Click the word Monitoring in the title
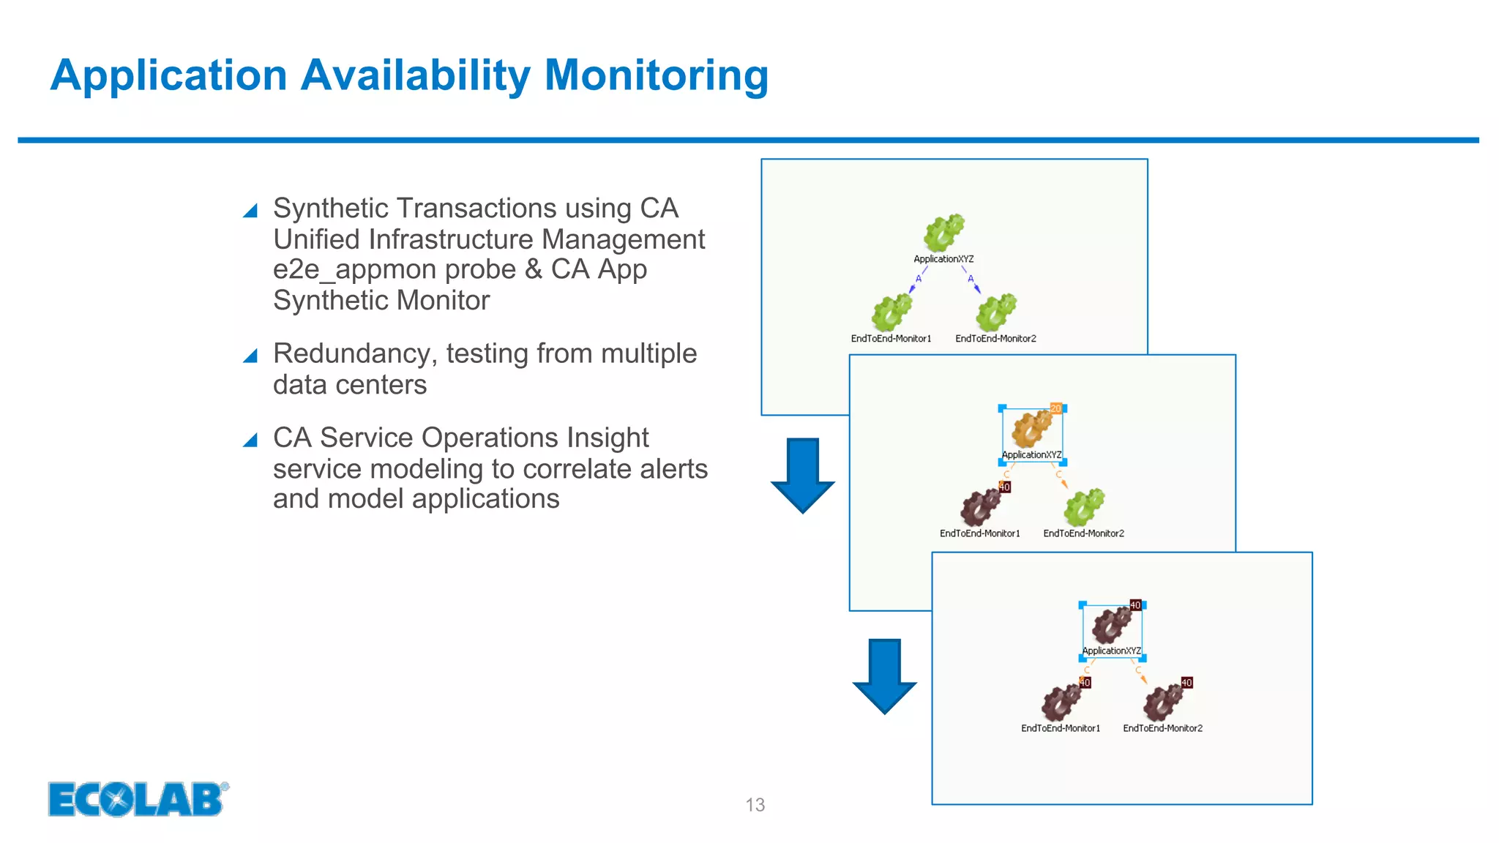pyautogui.click(x=656, y=75)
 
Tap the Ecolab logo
pyautogui.click(x=138, y=798)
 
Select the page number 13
pyautogui.click(x=755, y=805)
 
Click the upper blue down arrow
pyautogui.click(x=803, y=475)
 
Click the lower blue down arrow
pyautogui.click(x=884, y=675)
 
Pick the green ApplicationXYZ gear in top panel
pyautogui.click(x=943, y=233)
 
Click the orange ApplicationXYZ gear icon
pyautogui.click(x=1031, y=429)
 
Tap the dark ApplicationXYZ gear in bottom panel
pyautogui.click(x=1112, y=625)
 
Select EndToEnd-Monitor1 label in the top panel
pyautogui.click(x=891, y=339)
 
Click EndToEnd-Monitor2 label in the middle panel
pyautogui.click(x=1083, y=533)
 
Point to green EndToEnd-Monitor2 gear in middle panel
pyautogui.click(x=1084, y=507)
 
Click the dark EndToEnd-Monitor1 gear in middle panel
pyautogui.click(x=980, y=507)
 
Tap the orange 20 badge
pyautogui.click(x=1055, y=408)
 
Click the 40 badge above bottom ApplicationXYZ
pyautogui.click(x=1135, y=605)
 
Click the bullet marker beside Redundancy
pyautogui.click(x=250, y=356)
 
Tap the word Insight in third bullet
pyautogui.click(x=608, y=438)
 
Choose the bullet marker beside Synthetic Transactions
pyautogui.click(x=250, y=211)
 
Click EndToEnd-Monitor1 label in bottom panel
pyautogui.click(x=1060, y=728)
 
